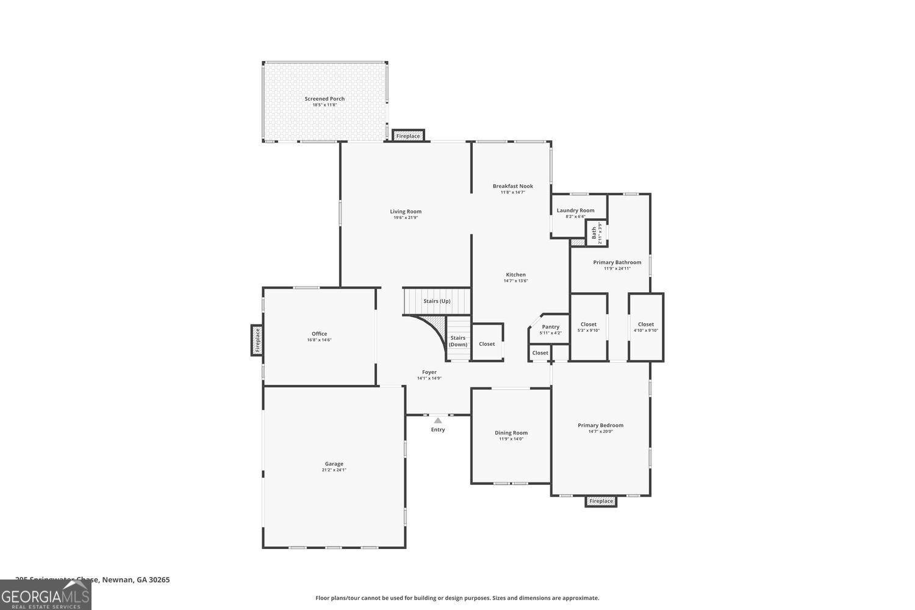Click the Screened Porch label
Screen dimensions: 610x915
point(325,99)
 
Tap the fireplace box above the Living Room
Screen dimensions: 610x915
point(408,136)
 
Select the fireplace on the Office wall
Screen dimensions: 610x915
point(257,340)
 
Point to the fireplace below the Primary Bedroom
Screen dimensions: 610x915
point(601,501)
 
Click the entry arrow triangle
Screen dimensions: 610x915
point(438,420)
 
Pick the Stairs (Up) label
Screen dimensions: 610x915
point(437,301)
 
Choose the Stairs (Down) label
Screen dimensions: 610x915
point(457,341)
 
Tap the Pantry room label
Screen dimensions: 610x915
point(550,327)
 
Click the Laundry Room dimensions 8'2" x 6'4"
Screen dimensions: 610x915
point(575,217)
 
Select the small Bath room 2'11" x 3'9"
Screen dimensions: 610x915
point(597,233)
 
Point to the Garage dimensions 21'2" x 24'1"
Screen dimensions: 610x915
point(334,470)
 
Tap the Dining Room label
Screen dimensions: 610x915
point(511,433)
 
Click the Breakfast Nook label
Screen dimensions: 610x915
point(513,186)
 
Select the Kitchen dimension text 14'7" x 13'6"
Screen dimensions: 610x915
point(515,281)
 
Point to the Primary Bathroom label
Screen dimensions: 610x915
point(617,262)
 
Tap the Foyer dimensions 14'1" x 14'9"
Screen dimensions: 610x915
point(429,378)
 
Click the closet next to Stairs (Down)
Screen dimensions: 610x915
point(487,344)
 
